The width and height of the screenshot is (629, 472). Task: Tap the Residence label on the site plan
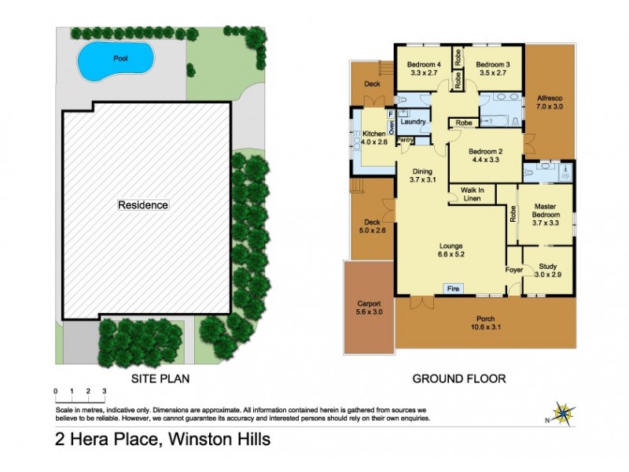click(x=143, y=205)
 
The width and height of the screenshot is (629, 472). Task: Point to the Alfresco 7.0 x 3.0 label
click(x=550, y=101)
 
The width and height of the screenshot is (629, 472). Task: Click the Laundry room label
click(x=413, y=123)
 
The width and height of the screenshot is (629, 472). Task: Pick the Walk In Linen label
click(x=471, y=194)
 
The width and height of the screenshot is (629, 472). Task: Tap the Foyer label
click(x=513, y=270)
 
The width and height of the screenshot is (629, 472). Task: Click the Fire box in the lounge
click(x=452, y=289)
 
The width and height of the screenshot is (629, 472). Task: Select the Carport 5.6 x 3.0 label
click(x=369, y=308)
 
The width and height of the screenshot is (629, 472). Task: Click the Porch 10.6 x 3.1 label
click(x=485, y=322)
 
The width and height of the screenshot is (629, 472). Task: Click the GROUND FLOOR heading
click(x=459, y=378)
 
